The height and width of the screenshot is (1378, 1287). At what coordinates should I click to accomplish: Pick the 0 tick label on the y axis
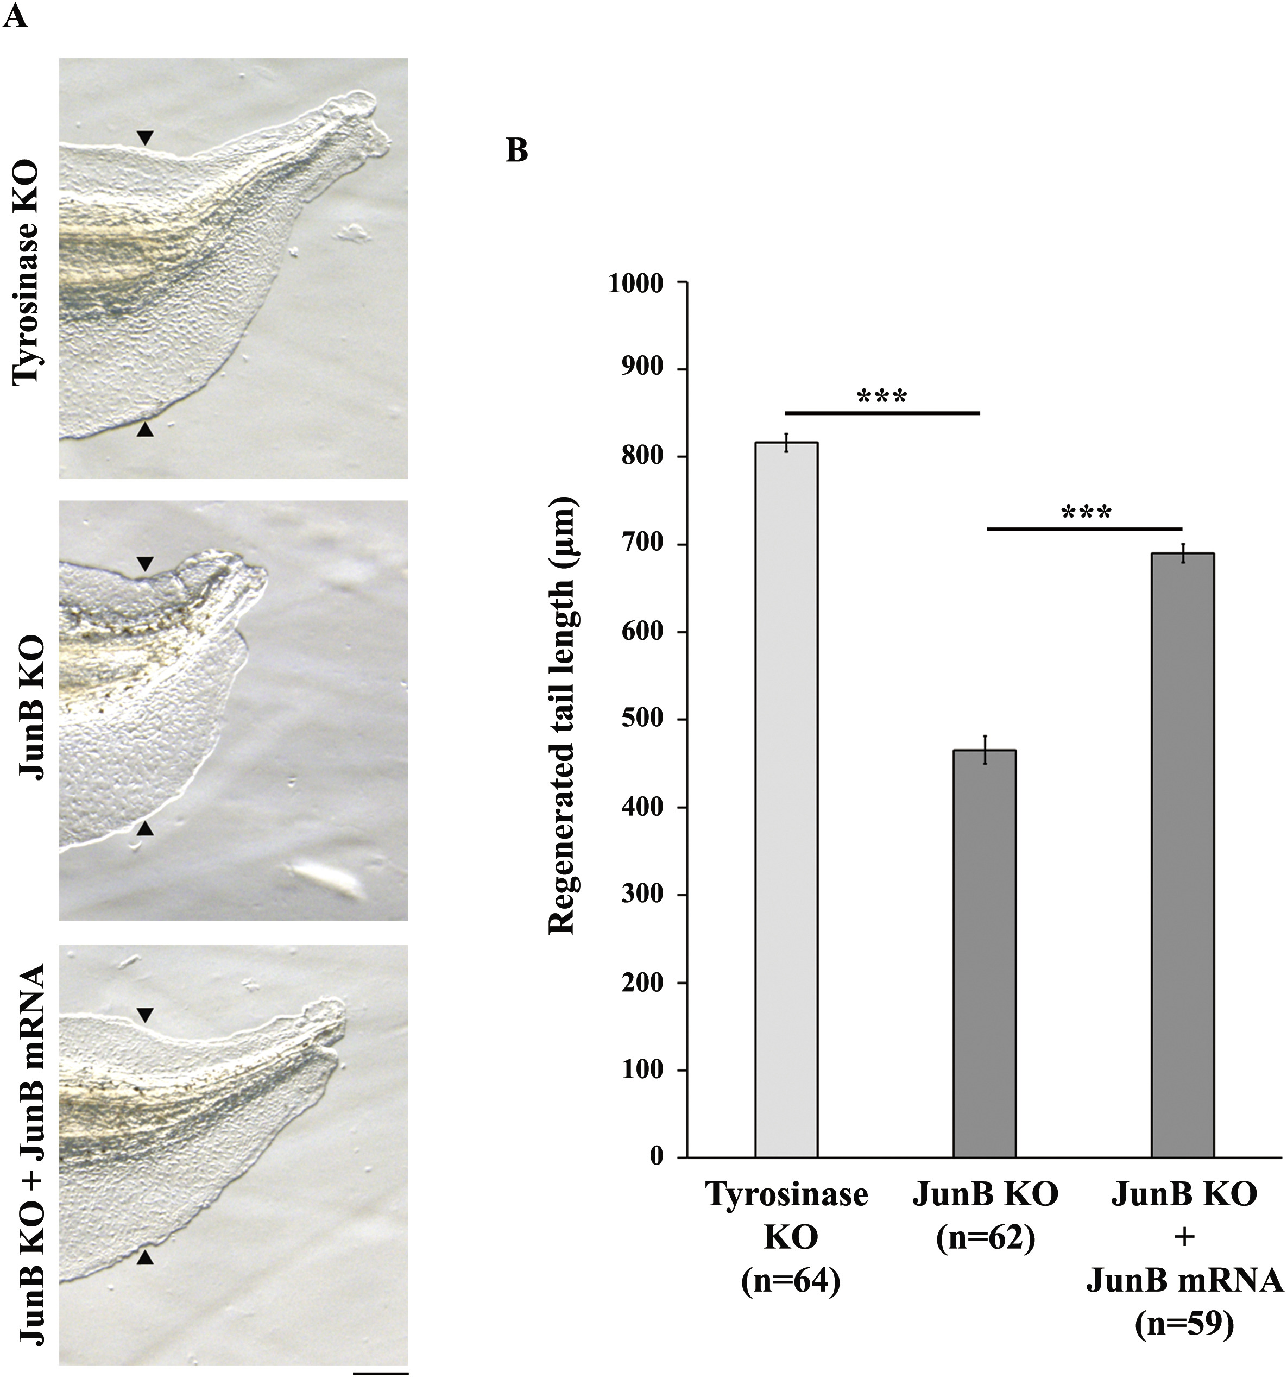[x=655, y=1156]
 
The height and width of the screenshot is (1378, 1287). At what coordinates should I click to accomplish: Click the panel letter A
[x=15, y=15]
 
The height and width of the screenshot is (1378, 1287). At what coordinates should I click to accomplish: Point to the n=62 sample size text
[x=985, y=1238]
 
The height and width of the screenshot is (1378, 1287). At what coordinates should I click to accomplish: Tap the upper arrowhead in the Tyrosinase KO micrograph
[x=144, y=139]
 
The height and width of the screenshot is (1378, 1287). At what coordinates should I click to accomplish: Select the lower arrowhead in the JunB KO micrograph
[x=144, y=828]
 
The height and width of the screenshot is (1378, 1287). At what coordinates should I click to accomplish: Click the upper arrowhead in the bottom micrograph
[x=144, y=1016]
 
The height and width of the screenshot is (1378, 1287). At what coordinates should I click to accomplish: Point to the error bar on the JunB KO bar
[x=984, y=750]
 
